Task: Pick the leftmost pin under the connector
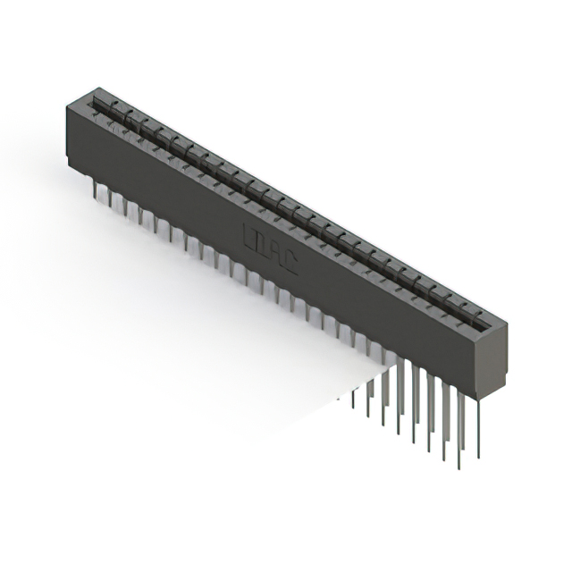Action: click(x=95, y=188)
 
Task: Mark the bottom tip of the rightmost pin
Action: click(x=484, y=456)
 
